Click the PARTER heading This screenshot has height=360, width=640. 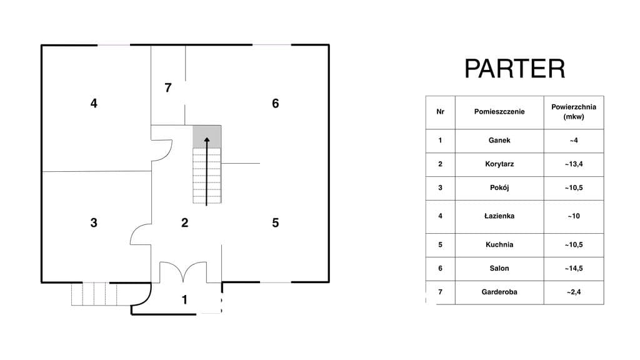point(515,69)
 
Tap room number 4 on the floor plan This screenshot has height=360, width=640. point(94,103)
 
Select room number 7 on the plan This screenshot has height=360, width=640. point(167,87)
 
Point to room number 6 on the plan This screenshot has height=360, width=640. point(276,103)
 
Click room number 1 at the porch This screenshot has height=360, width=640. point(184,300)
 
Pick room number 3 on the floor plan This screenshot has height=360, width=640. point(94,222)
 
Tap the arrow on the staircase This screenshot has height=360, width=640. point(207,171)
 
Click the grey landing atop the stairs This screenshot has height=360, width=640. point(207,137)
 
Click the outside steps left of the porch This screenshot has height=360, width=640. point(94,294)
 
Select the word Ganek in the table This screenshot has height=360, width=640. point(499,141)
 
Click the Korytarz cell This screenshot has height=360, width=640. point(499,164)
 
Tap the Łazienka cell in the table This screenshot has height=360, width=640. point(499,216)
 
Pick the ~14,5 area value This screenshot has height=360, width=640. point(574,269)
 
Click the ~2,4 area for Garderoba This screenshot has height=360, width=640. point(574,292)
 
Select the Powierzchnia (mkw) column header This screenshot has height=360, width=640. point(574,112)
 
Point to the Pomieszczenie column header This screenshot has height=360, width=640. point(499,112)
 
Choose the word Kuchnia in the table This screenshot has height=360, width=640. point(499,245)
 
